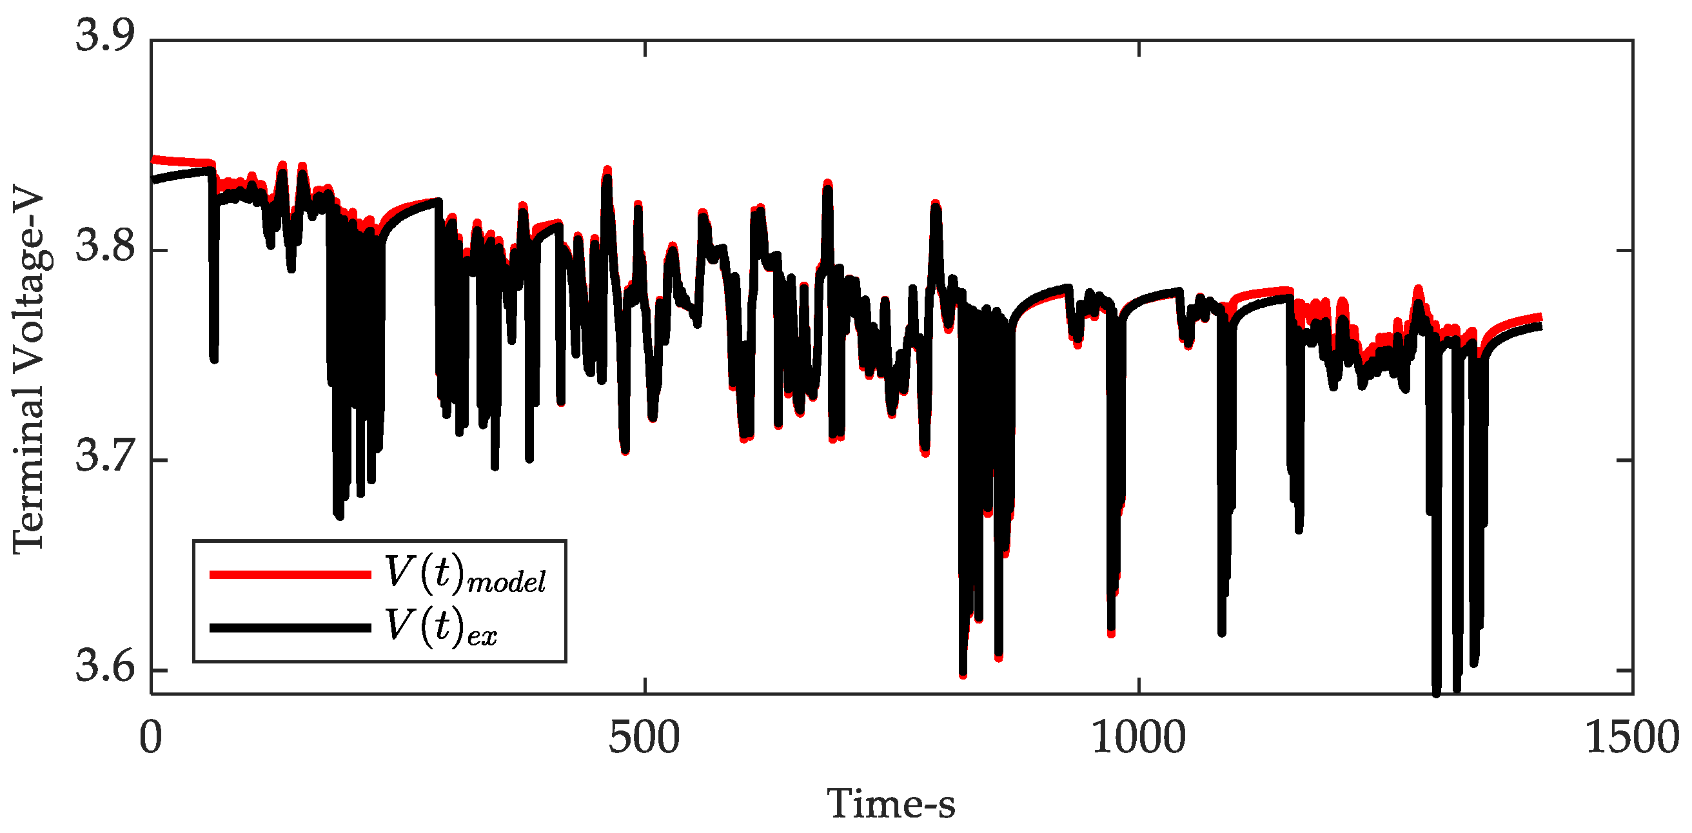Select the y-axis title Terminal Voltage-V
29,372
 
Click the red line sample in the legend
290,574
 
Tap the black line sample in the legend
290,628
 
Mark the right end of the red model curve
1540,317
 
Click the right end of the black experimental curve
1540,326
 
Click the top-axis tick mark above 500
645,47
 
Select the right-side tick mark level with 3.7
1625,460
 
